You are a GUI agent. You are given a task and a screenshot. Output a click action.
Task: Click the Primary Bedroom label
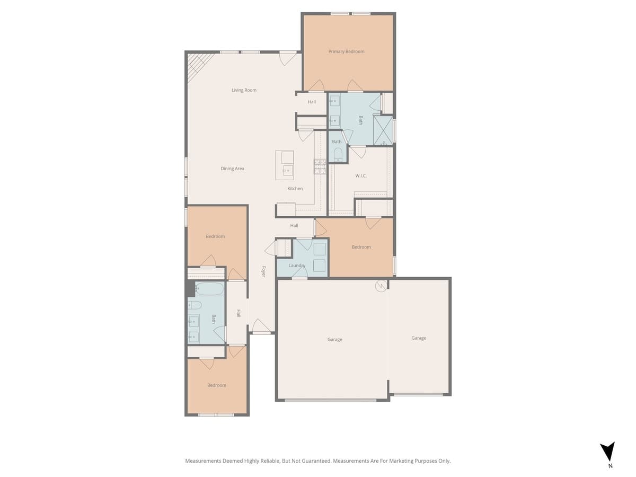346,51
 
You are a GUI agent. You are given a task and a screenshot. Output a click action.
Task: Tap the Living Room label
244,90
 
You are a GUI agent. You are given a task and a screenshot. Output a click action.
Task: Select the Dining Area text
232,169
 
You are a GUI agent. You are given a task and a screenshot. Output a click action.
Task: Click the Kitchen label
295,189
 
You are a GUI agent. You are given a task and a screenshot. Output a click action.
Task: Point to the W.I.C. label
361,176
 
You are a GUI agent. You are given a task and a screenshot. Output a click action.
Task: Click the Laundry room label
297,266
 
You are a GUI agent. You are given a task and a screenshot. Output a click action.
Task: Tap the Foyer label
263,271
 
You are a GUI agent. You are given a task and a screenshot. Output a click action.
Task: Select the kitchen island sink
287,170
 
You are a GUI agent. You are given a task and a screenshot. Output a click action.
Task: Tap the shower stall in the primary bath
383,130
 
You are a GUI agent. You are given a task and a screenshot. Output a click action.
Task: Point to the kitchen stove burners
320,167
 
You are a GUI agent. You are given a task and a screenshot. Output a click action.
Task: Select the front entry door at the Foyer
261,328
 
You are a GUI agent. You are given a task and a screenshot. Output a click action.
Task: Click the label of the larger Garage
334,340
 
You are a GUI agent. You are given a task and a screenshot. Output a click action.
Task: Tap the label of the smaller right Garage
419,338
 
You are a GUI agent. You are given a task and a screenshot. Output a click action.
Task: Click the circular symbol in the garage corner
381,286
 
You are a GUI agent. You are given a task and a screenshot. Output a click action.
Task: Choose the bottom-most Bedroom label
216,385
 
